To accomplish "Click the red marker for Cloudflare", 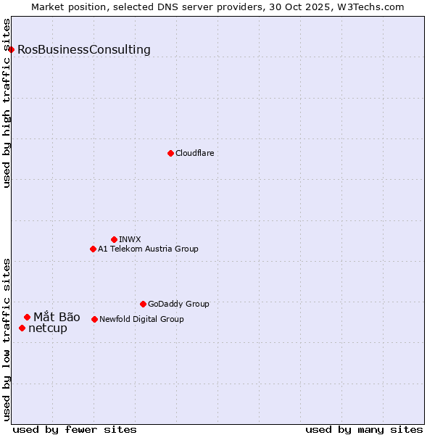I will click(170, 153).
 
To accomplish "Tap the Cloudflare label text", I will click(195, 153).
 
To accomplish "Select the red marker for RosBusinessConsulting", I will click(12, 49).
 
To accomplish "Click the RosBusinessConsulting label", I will click(84, 50).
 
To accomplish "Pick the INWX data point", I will click(114, 239).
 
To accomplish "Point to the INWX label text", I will click(130, 239).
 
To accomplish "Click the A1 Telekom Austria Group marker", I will click(93, 249).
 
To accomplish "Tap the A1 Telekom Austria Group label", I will click(148, 249).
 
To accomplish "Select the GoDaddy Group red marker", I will click(143, 304).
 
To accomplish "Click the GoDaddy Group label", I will click(178, 304).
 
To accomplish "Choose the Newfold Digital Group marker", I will click(94, 319).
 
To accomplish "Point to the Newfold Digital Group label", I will click(141, 319).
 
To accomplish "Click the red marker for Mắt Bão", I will click(27, 317).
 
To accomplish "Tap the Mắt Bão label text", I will click(57, 317).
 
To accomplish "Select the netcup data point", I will click(22, 328).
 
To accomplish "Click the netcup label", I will click(48, 328).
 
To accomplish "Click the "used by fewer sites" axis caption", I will click(75, 429).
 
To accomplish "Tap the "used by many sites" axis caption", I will click(364, 429).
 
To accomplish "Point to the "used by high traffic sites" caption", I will click(7, 103).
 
